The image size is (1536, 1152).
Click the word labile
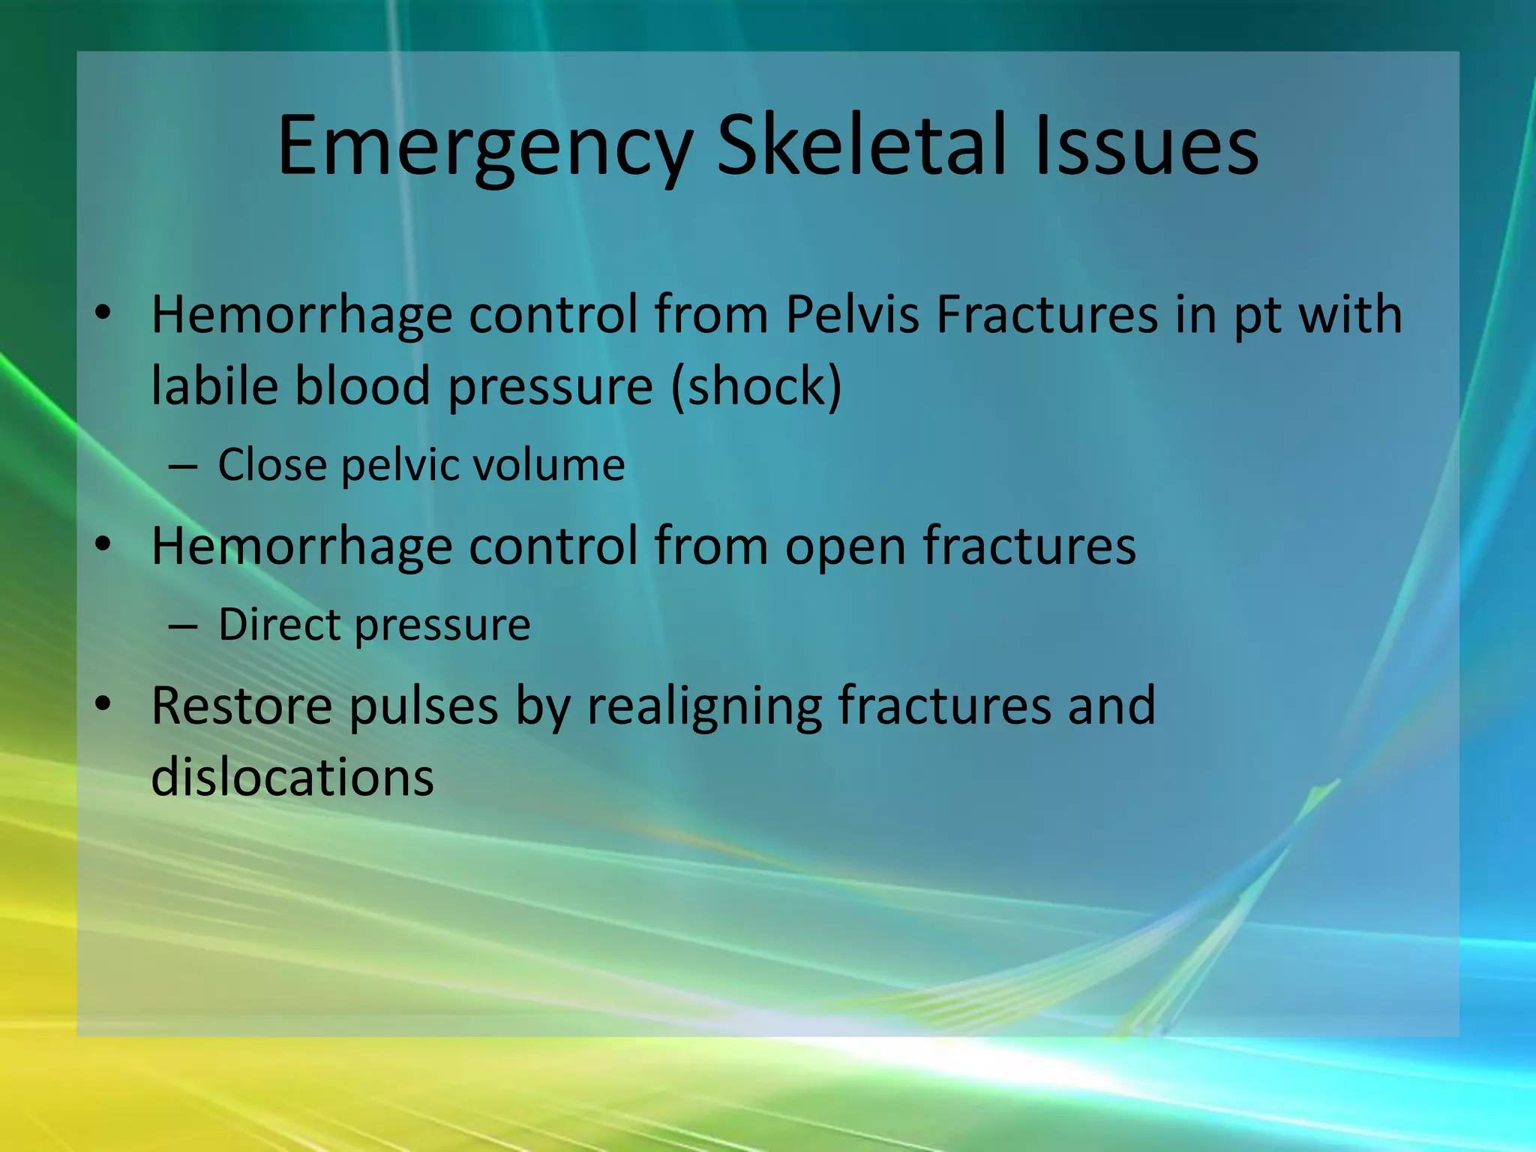click(x=213, y=385)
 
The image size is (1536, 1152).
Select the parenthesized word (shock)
click(x=756, y=387)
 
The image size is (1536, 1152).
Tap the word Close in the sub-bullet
click(x=272, y=465)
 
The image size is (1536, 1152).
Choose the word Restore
click(x=241, y=706)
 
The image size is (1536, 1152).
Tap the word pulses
click(x=424, y=707)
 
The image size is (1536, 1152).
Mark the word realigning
click(x=704, y=707)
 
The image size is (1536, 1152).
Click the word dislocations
click(x=292, y=777)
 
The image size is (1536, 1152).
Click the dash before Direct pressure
click(x=183, y=625)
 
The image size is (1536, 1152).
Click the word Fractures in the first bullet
click(x=1046, y=314)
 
